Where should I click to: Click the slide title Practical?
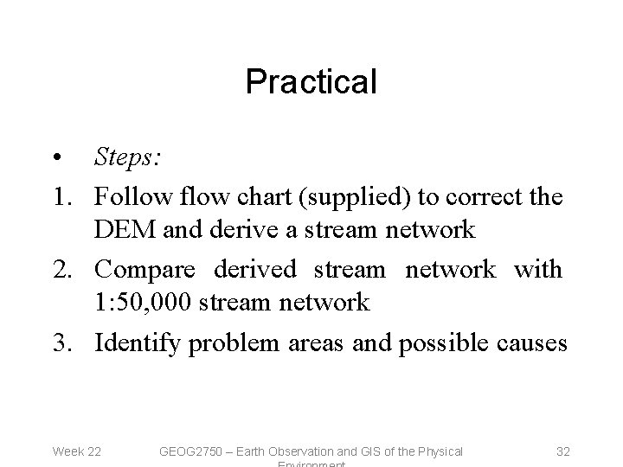click(x=311, y=82)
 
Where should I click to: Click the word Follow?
click(x=129, y=196)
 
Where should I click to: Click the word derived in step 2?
click(x=260, y=270)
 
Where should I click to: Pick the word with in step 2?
click(x=537, y=270)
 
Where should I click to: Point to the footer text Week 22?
click(x=77, y=451)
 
